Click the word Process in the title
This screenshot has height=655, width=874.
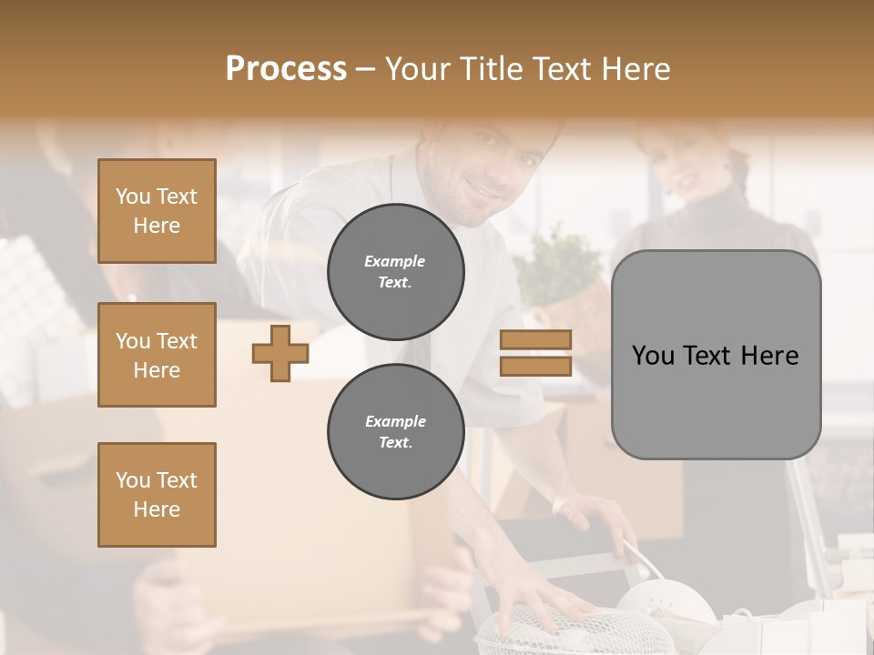pos(286,69)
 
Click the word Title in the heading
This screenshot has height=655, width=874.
pos(488,69)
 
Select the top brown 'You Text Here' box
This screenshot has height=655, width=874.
pos(157,211)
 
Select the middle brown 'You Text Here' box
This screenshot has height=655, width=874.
pos(157,355)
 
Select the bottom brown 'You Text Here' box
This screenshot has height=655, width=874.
pos(157,495)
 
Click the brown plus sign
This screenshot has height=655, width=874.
pos(279,354)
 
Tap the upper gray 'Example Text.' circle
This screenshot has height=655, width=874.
pos(395,272)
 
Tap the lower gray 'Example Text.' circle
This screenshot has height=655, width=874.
pos(395,432)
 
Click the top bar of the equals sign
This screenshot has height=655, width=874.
pos(535,340)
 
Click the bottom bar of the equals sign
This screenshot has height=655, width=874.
pos(535,366)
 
